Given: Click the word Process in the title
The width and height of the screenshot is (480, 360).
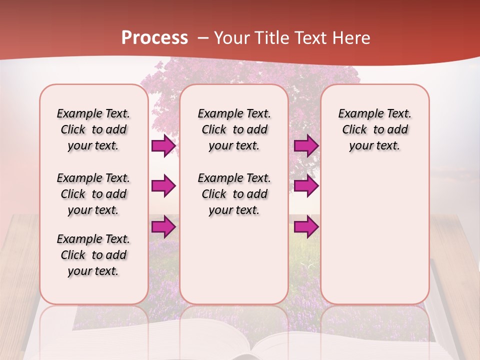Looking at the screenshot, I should point(154,38).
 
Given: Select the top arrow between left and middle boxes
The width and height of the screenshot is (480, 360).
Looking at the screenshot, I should point(163,146).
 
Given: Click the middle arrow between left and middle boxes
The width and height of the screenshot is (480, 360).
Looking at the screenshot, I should point(163,186).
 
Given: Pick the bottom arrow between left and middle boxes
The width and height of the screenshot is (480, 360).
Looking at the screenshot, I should point(163,227).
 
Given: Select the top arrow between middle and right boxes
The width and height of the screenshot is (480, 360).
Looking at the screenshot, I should point(306,146).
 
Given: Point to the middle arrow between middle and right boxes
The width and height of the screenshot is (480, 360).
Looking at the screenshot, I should point(306,186).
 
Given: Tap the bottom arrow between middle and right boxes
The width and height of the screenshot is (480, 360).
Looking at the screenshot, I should point(306,227).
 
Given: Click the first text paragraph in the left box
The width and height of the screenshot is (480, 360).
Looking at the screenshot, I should point(93,129).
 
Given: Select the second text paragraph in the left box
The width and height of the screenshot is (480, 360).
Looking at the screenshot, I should point(93,194).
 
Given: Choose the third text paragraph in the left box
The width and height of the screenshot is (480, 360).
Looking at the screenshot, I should point(93,255).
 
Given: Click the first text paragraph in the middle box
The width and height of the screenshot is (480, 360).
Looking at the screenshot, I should point(234,129).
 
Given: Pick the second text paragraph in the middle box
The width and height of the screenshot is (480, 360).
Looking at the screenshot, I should point(234,194).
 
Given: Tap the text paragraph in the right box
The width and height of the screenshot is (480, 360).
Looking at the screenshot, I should point(374,129).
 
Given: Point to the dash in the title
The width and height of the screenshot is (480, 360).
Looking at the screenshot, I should point(203,38).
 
